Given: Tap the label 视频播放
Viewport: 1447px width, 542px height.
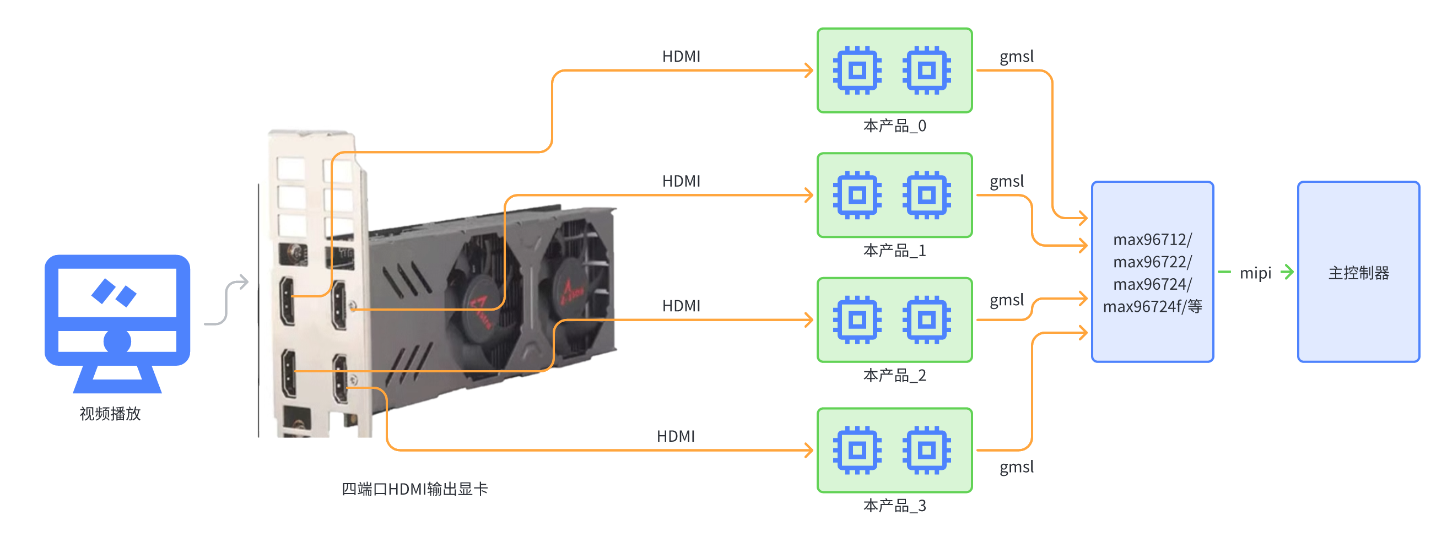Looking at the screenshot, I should [x=110, y=414].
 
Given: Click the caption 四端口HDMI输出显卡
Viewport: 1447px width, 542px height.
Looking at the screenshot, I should [x=414, y=489].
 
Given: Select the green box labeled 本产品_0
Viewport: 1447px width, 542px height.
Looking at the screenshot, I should [x=894, y=71].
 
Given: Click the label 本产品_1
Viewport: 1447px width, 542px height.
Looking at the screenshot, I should [x=894, y=251].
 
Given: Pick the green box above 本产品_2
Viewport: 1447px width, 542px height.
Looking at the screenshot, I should [x=894, y=319].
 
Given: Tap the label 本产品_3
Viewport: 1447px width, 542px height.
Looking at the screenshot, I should [x=894, y=506].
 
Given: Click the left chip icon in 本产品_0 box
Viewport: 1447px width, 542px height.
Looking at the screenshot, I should [x=857, y=71].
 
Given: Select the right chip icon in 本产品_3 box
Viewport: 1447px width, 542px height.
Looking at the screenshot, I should [x=926, y=450].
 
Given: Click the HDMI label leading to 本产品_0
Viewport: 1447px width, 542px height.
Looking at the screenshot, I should [x=681, y=57].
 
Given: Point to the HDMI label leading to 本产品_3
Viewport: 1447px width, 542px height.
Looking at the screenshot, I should [x=675, y=436].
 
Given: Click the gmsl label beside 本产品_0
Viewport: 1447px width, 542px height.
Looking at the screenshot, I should [x=1016, y=57].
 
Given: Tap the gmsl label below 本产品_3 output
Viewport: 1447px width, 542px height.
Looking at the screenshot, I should [x=1016, y=467].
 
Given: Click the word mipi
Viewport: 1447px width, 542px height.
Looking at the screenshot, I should [x=1255, y=274].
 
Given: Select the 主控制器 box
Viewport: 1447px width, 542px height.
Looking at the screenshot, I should [x=1358, y=272].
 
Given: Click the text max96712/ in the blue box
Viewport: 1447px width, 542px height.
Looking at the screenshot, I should [x=1152, y=240].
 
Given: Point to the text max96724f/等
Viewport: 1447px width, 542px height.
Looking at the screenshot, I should [x=1152, y=307].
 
